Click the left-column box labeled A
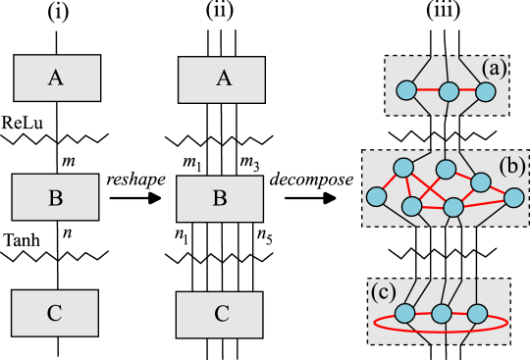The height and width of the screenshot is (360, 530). pyautogui.click(x=57, y=78)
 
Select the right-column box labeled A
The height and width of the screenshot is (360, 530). pyautogui.click(x=223, y=78)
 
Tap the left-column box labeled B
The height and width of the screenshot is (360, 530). pyautogui.click(x=55, y=197)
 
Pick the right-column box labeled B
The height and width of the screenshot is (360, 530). pyautogui.click(x=220, y=198)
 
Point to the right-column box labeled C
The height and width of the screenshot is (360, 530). pyautogui.click(x=221, y=314)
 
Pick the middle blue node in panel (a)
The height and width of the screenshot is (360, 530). pyautogui.click(x=449, y=92)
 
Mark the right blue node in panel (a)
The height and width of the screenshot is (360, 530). pyautogui.click(x=486, y=92)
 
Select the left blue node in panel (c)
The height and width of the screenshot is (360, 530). pyautogui.click(x=404, y=315)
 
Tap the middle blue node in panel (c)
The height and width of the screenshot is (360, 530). pyautogui.click(x=442, y=314)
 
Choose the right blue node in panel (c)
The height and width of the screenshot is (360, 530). pyautogui.click(x=478, y=314)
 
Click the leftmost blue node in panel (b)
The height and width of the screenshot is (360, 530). pyautogui.click(x=376, y=197)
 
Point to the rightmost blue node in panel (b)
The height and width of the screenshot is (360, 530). pyautogui.click(x=513, y=197)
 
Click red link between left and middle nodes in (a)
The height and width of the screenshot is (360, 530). pyautogui.click(x=427, y=92)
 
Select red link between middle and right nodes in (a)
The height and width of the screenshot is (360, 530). pyautogui.click(x=467, y=92)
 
